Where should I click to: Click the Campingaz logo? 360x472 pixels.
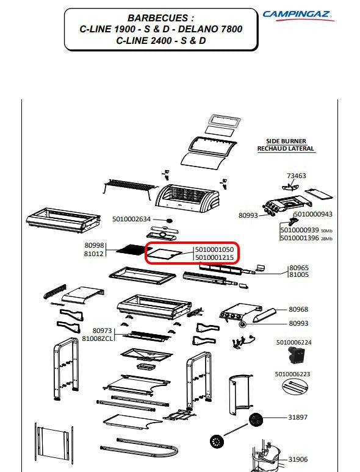298,16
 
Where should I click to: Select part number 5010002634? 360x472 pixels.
131,219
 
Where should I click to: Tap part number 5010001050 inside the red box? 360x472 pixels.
214,249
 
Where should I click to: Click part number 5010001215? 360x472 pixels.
214,257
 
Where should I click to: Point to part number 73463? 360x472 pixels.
296,176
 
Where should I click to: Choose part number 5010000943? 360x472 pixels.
313,214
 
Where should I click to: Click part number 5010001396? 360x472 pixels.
300,238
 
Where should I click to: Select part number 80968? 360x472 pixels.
298,309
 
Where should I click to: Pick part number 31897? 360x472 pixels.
298,417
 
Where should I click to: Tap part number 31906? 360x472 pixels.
298,459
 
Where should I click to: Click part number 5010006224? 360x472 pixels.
293,343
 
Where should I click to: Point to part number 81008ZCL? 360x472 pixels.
97,338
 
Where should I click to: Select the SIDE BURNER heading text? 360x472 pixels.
286,141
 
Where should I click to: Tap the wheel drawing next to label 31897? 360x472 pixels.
256,420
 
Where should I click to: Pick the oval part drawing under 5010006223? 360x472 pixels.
294,386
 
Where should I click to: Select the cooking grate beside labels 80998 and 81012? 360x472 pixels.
131,249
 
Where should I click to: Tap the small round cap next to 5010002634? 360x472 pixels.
170,221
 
